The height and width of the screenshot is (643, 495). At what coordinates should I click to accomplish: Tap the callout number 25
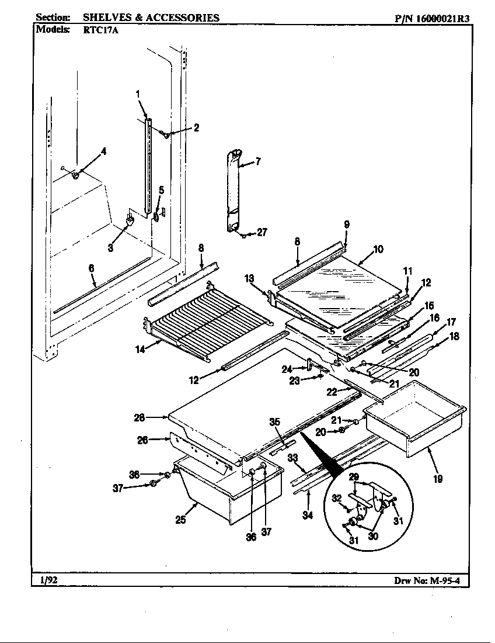pos(181,519)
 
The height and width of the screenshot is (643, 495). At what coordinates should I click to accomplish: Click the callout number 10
pos(378,249)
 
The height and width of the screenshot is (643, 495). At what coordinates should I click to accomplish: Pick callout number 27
pos(262,232)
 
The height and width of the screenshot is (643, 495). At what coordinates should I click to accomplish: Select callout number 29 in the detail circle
pos(354,478)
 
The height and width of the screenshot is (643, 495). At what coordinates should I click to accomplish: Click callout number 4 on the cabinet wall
pos(103,151)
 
